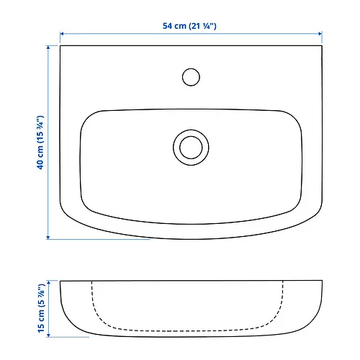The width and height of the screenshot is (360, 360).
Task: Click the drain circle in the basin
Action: tap(191, 146)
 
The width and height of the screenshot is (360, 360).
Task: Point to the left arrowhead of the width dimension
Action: tap(62, 34)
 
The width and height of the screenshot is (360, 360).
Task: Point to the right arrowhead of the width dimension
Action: tap(319, 34)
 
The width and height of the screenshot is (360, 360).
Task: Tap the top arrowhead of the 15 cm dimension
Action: tap(49, 282)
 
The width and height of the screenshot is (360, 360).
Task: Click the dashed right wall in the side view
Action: tap(285, 302)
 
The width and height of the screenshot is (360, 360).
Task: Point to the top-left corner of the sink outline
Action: tap(61, 47)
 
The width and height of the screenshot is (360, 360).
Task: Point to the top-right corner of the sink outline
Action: tap(320, 47)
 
